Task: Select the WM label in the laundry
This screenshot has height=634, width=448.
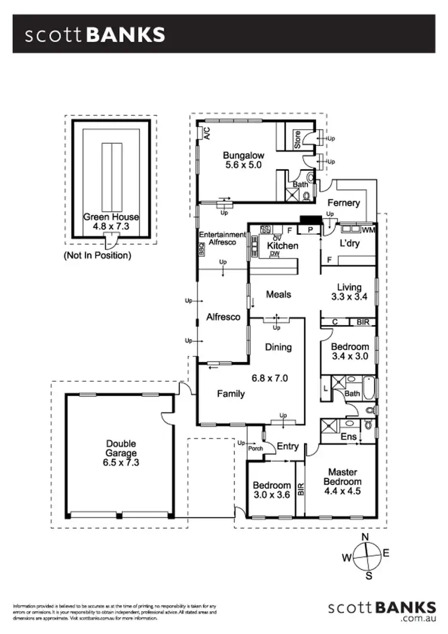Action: click(369, 229)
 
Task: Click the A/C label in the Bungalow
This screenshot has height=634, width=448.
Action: click(207, 133)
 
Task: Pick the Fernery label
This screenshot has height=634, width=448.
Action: click(343, 203)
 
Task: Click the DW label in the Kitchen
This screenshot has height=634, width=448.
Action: click(275, 253)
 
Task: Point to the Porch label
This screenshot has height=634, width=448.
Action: click(256, 449)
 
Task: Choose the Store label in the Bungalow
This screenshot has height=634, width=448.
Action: click(297, 140)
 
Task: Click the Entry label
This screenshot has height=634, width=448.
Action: click(288, 446)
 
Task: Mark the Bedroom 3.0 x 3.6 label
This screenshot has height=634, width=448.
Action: click(271, 490)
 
